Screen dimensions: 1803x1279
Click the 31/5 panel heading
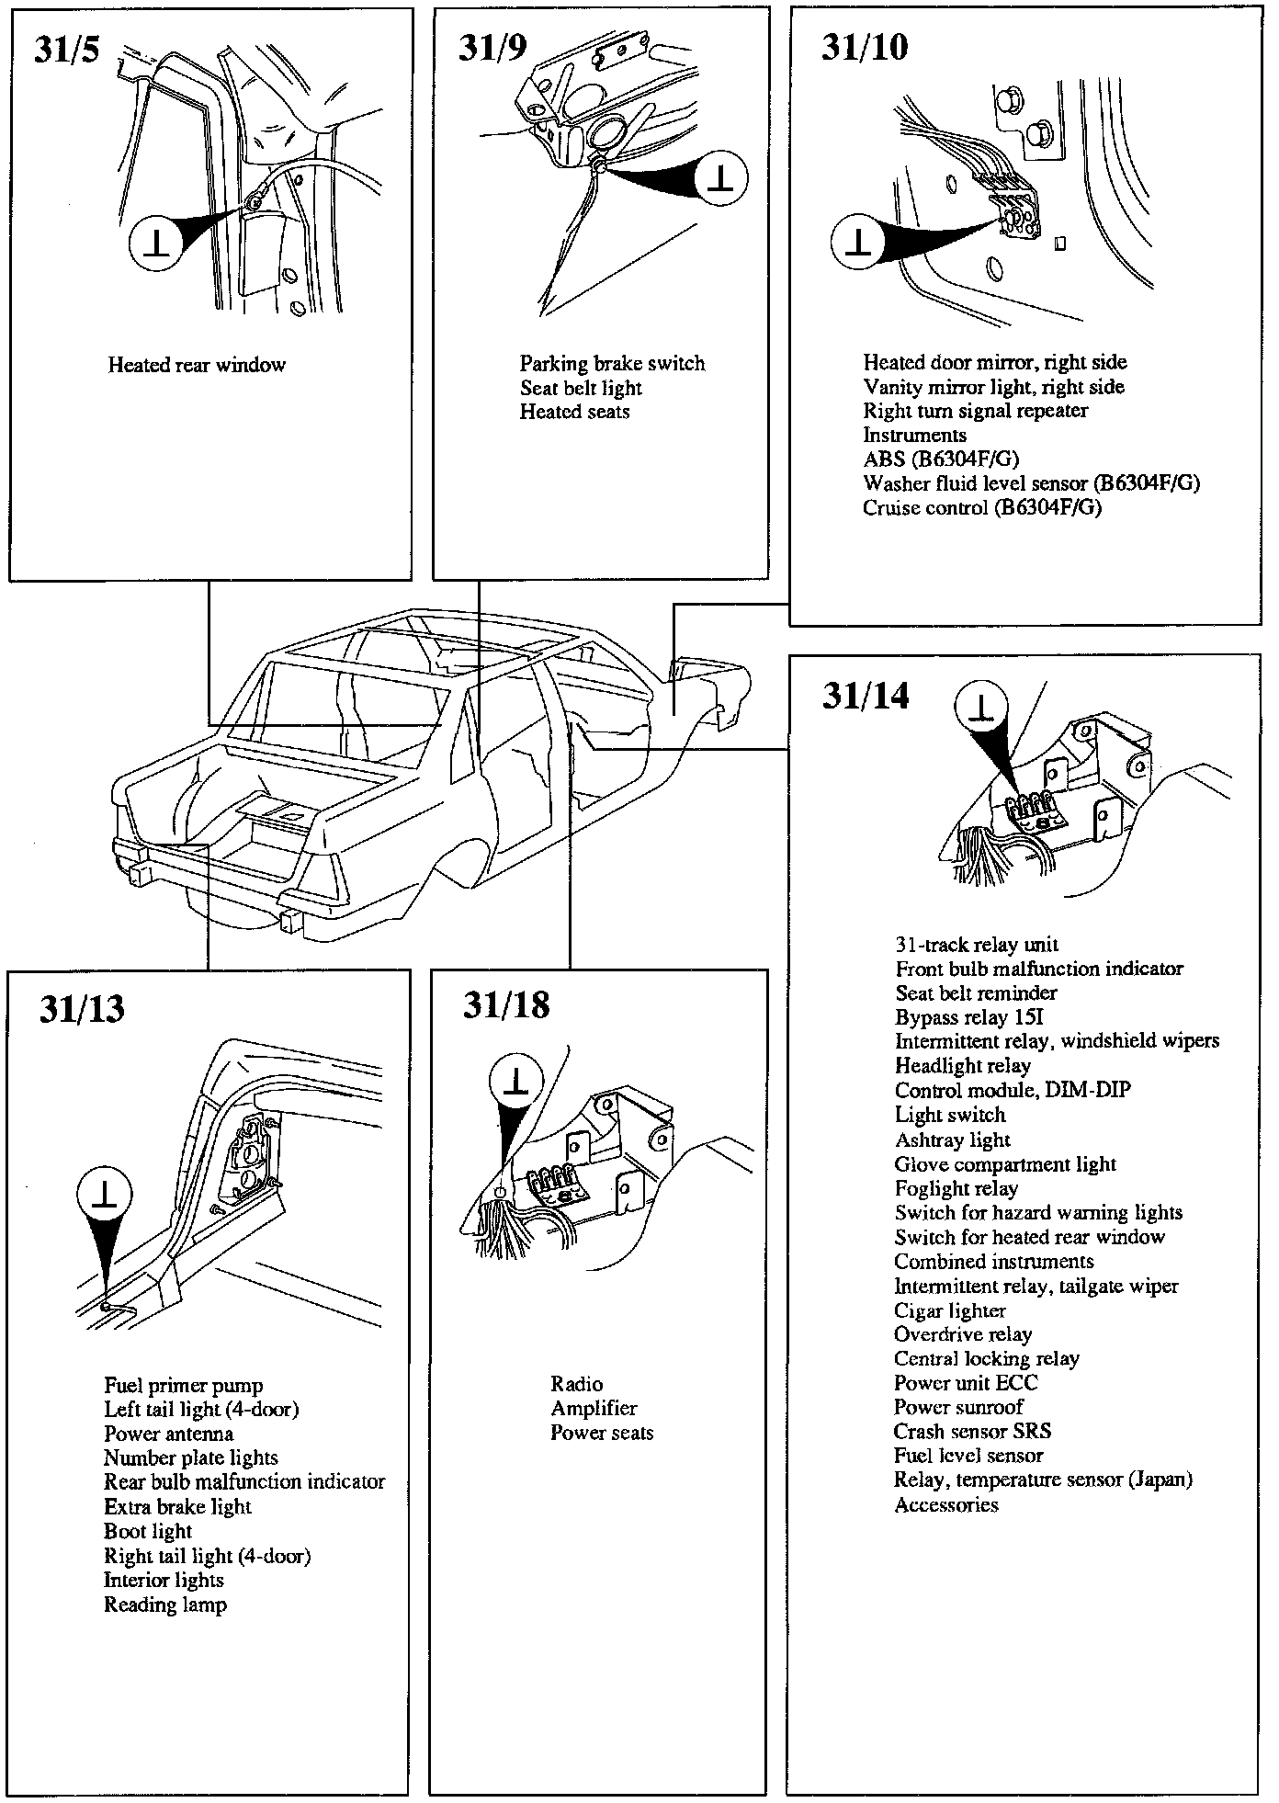(x=66, y=50)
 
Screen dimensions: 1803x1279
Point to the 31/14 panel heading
(x=866, y=696)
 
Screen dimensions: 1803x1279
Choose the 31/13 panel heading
(x=81, y=1009)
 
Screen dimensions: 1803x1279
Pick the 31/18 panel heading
(x=505, y=1005)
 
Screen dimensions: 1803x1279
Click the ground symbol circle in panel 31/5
(x=157, y=243)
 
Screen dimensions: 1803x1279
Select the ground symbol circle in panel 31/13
(x=105, y=1196)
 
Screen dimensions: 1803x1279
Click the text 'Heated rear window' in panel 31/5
(x=197, y=366)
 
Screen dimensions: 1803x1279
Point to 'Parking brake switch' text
(x=612, y=364)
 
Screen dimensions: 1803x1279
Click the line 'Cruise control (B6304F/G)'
(x=981, y=508)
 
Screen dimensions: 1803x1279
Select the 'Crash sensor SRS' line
(x=972, y=1432)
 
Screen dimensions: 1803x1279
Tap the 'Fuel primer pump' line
(x=183, y=1386)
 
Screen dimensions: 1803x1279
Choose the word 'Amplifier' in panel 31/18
(x=594, y=1409)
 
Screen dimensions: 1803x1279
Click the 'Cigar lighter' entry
(x=950, y=1311)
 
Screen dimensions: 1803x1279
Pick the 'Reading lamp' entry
(x=164, y=1605)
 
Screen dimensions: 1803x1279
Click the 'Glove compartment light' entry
(x=1005, y=1165)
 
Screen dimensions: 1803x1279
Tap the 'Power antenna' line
(x=168, y=1434)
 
